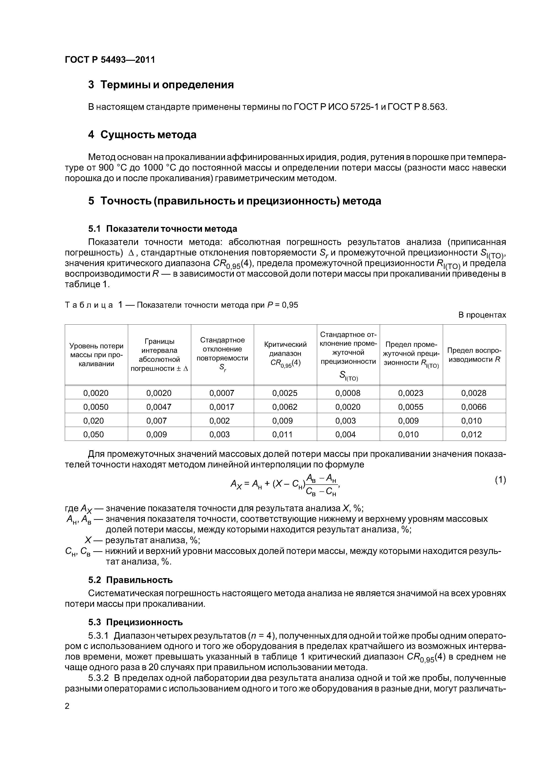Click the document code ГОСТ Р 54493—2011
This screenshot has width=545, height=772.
tap(110, 60)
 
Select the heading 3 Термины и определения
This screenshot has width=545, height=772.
tap(161, 85)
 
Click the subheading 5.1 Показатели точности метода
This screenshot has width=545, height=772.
tap(163, 229)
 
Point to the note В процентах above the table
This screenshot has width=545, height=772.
tap(482, 315)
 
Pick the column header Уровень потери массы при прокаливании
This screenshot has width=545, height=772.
tap(96, 355)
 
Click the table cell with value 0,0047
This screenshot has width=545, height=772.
tap(159, 407)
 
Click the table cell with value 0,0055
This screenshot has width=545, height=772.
tap(411, 407)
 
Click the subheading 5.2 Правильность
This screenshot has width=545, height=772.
tap(130, 580)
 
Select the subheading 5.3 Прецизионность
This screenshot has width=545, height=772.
tap(135, 622)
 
